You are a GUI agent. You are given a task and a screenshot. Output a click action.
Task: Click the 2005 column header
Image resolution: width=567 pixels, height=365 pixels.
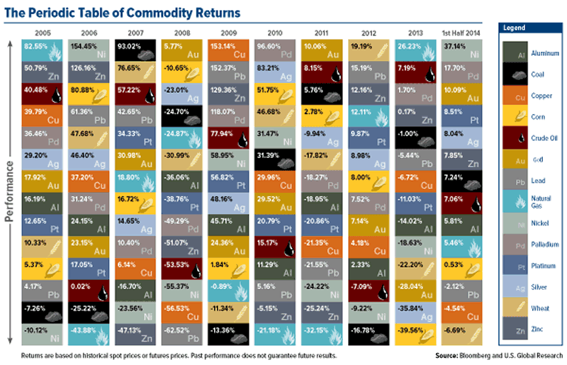tap(43, 32)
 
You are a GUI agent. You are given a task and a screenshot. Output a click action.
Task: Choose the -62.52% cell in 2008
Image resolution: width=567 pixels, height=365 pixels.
tap(182, 330)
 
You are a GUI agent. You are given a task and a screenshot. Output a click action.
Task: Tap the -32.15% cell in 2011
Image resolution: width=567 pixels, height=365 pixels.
tap(320, 330)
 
